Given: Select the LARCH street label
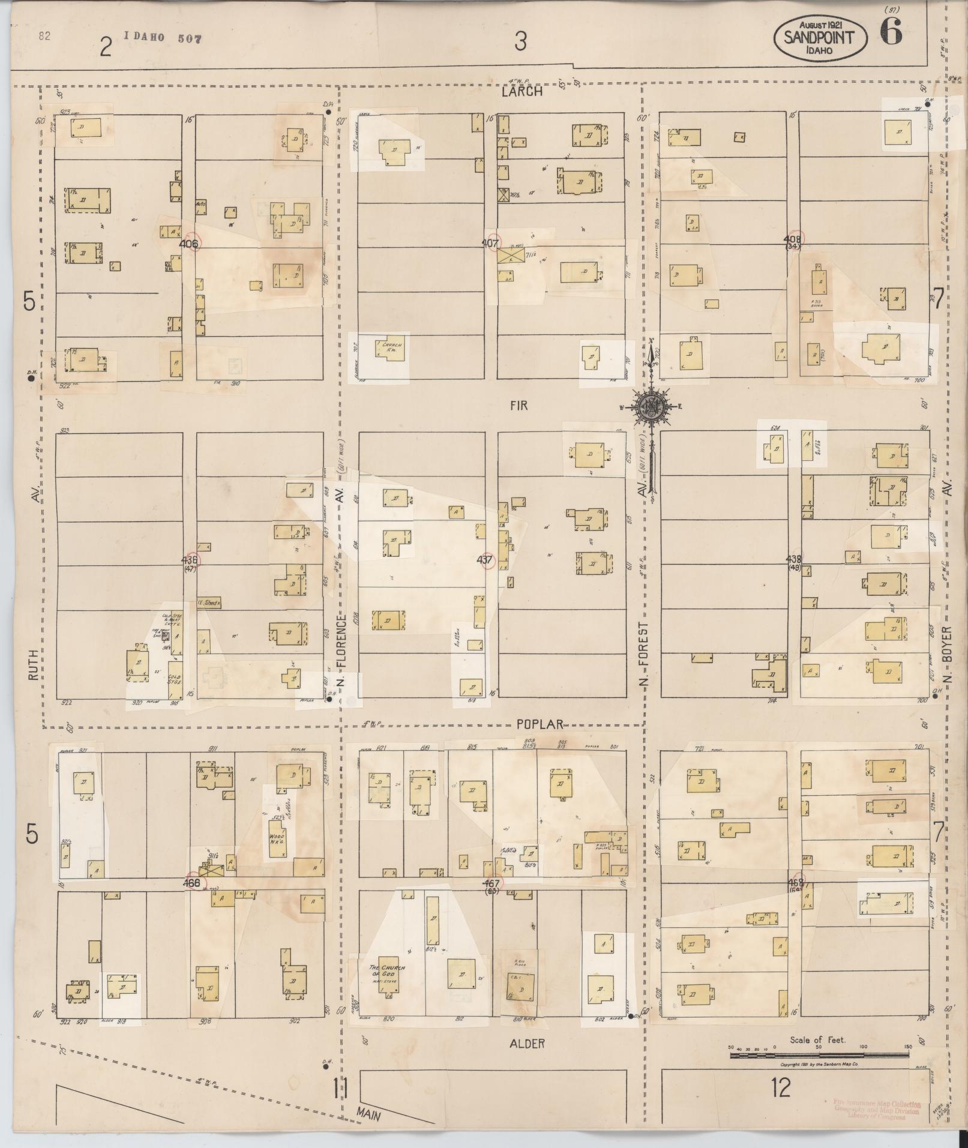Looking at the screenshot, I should [x=523, y=92].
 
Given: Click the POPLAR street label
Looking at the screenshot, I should [x=540, y=724].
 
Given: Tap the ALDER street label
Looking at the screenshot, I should [x=527, y=1044].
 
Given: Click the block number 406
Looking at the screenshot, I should [x=188, y=244].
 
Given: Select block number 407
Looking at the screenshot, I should [x=490, y=244].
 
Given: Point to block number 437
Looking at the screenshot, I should [x=484, y=559].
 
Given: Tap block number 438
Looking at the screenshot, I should [x=793, y=559].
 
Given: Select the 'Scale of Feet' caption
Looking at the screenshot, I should [x=817, y=1040].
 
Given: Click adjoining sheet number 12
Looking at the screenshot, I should [x=781, y=1087].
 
